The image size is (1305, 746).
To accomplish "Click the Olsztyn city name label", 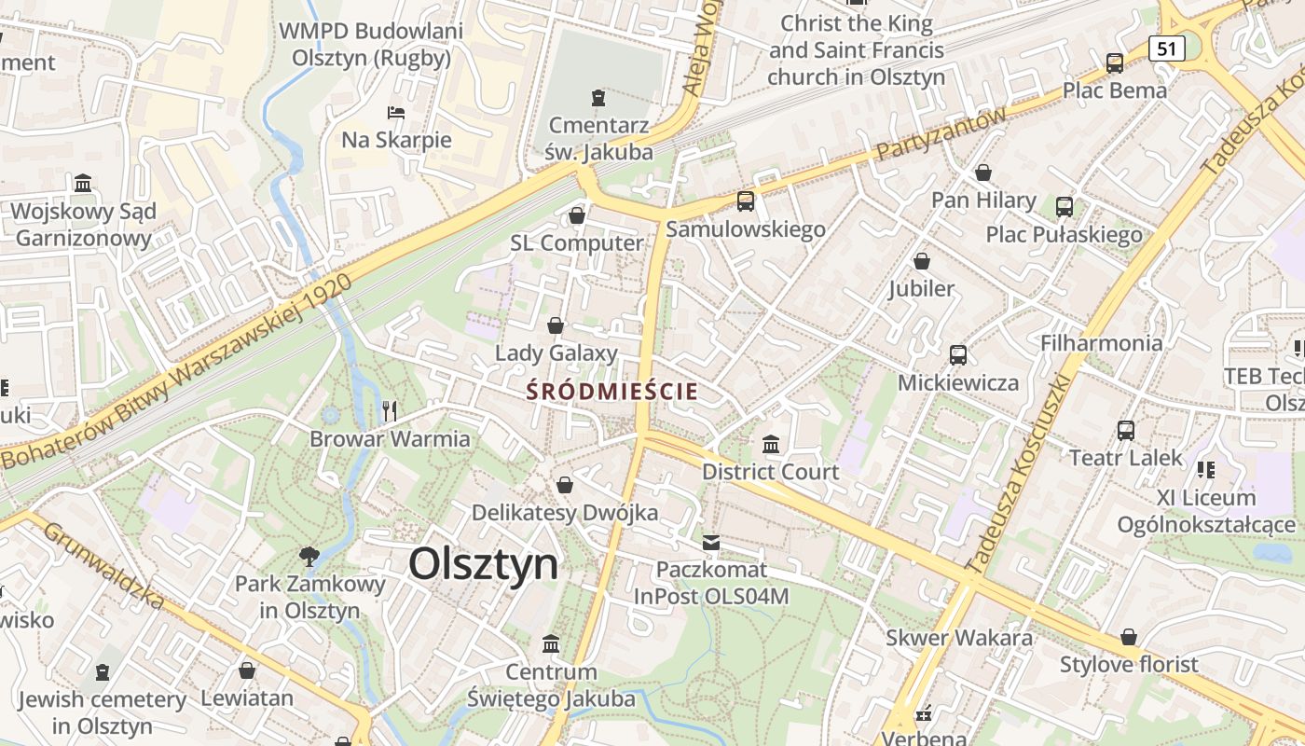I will click(483, 563).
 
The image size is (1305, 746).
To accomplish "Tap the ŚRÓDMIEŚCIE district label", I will click(611, 391).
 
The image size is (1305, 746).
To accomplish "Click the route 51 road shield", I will click(1167, 48).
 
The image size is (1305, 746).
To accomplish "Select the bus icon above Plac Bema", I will click(1115, 63).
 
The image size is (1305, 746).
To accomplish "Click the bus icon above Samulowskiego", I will click(745, 201).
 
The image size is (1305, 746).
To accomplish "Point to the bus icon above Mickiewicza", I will click(957, 355).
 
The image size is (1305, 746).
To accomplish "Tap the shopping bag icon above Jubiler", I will click(922, 261).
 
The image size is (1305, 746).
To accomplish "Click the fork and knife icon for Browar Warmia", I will click(390, 410).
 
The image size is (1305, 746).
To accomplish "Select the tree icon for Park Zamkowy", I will click(309, 557).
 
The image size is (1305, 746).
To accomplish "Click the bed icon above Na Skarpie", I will click(396, 113).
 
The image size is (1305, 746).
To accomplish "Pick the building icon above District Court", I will click(771, 444).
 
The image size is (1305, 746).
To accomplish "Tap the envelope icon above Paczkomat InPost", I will click(711, 542).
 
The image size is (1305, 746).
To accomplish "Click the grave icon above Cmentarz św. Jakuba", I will click(598, 97).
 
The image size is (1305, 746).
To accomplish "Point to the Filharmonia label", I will click(1102, 343).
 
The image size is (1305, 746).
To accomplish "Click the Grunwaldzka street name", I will click(103, 564).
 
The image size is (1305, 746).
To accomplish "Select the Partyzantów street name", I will click(941, 132).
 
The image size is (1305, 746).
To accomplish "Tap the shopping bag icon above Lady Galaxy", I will click(556, 325).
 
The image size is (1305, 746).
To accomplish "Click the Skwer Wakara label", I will click(959, 638).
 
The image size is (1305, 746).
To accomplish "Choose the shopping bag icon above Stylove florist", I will click(1129, 637).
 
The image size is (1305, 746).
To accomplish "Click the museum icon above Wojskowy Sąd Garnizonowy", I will click(83, 183).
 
